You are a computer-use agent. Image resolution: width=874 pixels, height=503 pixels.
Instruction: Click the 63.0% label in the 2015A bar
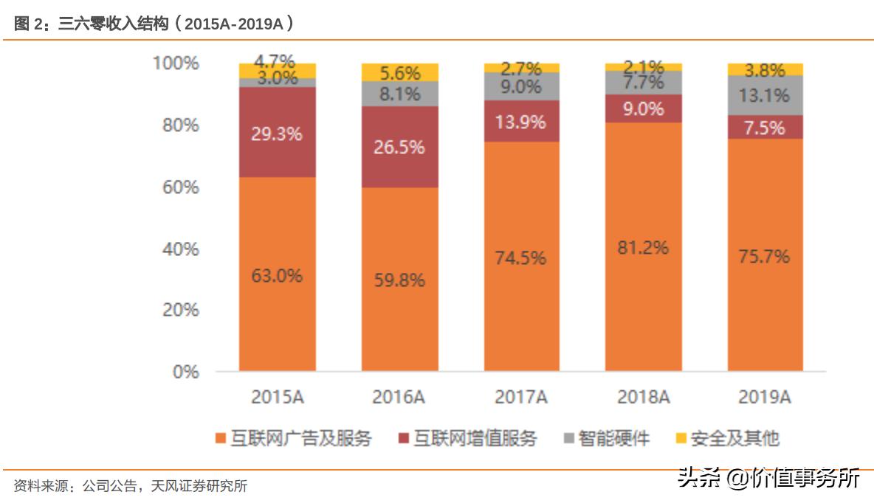click(277, 276)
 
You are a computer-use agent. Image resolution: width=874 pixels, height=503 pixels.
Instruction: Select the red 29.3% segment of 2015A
click(277, 133)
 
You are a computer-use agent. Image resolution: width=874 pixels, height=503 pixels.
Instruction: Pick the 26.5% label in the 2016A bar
click(399, 147)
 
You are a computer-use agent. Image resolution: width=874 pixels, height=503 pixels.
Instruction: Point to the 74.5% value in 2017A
click(521, 257)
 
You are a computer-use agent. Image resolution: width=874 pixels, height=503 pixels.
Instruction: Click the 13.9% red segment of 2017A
click(521, 122)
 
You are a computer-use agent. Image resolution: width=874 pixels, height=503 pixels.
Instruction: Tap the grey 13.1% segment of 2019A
click(765, 96)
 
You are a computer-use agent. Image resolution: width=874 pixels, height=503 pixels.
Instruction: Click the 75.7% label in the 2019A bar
click(765, 256)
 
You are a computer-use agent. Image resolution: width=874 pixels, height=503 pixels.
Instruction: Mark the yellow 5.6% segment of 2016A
click(399, 73)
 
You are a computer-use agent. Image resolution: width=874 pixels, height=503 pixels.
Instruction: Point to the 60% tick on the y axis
click(180, 187)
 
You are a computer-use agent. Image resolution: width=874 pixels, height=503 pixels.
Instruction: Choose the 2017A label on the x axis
click(521, 398)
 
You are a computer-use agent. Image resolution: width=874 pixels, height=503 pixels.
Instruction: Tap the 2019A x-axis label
click(765, 398)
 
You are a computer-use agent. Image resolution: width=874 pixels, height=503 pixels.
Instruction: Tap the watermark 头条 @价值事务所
click(768, 478)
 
